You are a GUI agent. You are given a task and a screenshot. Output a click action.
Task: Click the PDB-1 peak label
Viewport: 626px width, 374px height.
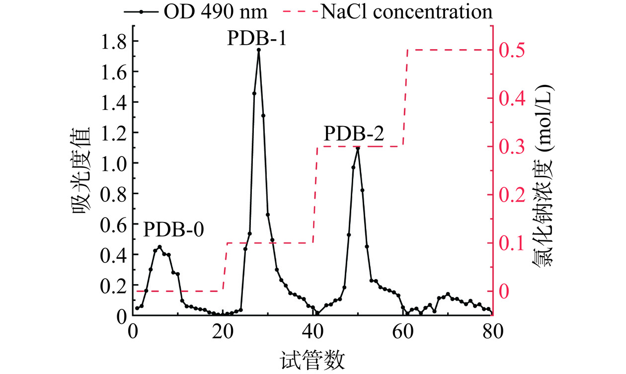pos(257,38)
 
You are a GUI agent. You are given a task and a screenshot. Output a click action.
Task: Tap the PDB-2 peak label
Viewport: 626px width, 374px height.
pos(354,134)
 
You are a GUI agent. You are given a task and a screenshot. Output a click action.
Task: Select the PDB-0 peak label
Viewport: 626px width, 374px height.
pos(173,230)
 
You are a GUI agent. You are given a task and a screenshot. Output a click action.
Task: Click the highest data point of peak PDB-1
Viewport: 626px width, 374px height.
pos(259,50)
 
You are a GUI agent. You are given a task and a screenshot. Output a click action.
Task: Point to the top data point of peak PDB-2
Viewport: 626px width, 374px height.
pos(358,148)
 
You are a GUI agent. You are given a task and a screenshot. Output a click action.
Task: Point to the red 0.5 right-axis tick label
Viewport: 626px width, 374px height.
pos(512,50)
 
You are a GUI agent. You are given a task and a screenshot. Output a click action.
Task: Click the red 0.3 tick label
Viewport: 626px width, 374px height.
pos(512,147)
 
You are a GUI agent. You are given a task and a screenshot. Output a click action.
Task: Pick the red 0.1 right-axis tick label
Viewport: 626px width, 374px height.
pos(512,243)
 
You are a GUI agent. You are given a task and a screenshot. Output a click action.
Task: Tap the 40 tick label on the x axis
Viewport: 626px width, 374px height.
pos(313,331)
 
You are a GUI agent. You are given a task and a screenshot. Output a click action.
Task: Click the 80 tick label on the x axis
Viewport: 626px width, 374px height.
pos(492,331)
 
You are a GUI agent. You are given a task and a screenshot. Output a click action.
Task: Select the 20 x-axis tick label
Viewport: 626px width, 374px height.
pos(223,331)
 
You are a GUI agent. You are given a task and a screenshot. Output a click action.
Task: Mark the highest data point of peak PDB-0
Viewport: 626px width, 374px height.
pos(159,247)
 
